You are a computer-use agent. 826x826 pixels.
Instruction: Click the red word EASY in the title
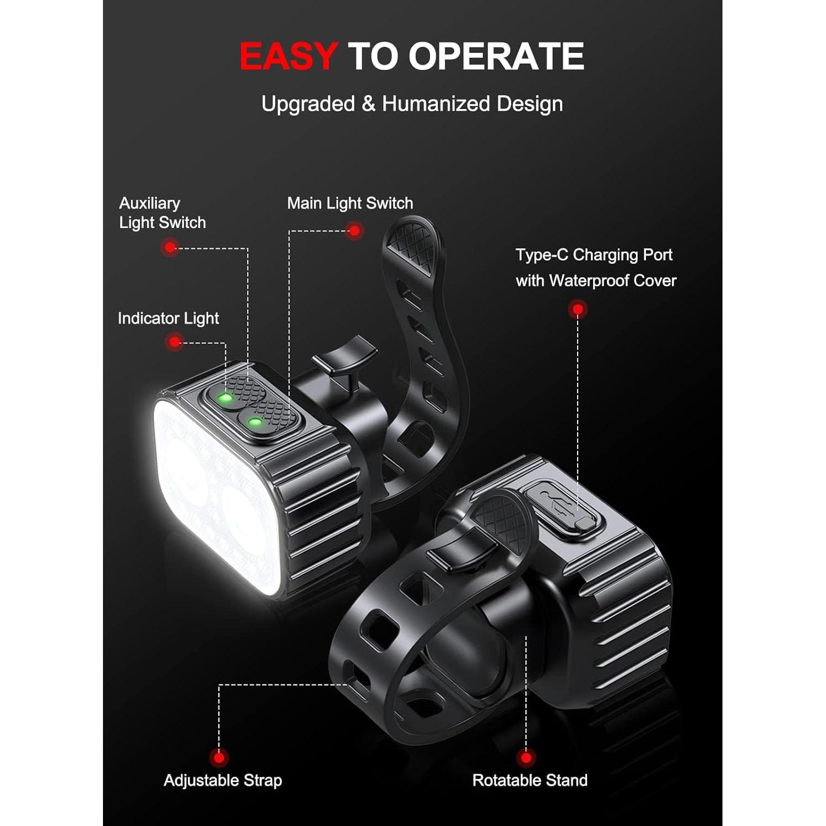point(288,56)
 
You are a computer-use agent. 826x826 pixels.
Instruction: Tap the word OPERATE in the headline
point(496,56)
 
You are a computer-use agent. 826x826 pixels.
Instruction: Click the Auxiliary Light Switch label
point(162,213)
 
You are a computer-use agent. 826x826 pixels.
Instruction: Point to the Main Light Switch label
point(350,204)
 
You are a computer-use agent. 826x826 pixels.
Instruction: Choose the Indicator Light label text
point(168,318)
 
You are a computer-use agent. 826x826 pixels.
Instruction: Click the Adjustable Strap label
point(222,780)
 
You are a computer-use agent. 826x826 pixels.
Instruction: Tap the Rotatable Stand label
point(530,780)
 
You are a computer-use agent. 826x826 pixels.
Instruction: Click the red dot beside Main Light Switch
point(355,231)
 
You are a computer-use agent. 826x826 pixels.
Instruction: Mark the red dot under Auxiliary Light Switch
point(171,247)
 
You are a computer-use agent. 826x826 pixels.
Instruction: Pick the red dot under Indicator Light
point(175,342)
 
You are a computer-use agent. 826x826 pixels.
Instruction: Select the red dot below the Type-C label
point(577,309)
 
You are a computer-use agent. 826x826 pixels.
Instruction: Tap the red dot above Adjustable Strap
point(219,758)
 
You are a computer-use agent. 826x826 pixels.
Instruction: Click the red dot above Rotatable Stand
point(526,758)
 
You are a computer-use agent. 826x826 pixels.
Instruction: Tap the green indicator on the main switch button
point(254,422)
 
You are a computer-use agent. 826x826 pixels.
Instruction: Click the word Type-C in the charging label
point(542,255)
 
